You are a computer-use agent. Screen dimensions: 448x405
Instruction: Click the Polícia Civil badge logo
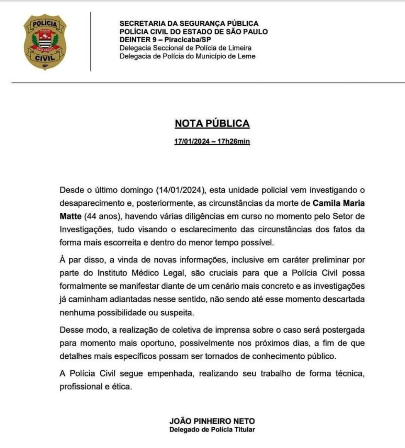(x=45, y=42)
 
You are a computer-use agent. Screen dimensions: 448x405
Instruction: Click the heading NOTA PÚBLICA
(x=212, y=123)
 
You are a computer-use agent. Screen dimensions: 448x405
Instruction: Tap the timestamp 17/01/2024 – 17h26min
(x=212, y=141)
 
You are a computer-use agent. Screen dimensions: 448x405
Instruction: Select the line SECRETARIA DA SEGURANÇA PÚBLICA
(x=189, y=24)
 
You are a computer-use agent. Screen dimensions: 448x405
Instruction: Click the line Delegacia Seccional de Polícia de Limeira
(x=185, y=48)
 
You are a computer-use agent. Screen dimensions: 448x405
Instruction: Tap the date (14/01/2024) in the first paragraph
(x=181, y=190)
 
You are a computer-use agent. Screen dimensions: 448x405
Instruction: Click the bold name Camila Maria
(x=339, y=203)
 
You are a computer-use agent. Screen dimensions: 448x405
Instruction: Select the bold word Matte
(x=71, y=216)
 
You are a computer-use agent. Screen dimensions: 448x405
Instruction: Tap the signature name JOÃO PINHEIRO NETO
(x=212, y=421)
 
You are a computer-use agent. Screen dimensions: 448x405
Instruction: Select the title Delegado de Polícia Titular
(x=212, y=429)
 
